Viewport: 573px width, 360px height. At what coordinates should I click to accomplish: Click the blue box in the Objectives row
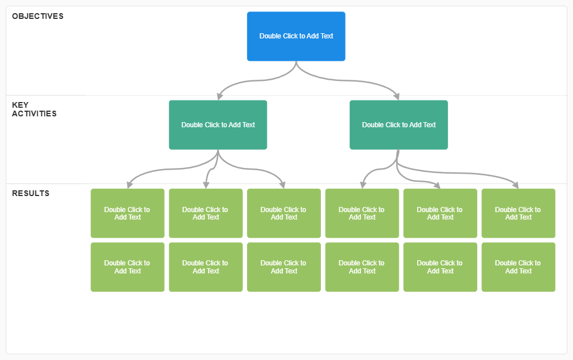pos(296,36)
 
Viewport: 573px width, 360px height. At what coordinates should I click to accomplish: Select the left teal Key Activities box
pos(218,125)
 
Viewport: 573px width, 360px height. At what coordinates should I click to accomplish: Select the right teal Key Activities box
pos(398,125)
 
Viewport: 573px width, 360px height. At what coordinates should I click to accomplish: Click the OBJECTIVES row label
pos(38,16)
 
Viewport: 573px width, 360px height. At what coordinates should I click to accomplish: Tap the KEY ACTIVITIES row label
pos(34,109)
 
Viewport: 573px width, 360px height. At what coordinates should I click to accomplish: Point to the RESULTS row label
pos(31,193)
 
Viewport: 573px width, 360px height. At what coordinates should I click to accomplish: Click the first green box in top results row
pos(127,213)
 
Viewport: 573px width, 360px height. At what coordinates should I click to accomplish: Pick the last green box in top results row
pos(518,213)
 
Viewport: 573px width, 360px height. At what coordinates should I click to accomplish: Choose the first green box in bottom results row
pos(127,267)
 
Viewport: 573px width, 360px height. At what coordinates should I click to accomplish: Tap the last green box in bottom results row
pos(518,267)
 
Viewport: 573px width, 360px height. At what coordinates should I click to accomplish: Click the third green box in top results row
pos(284,213)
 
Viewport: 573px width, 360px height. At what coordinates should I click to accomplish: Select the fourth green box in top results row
pos(362,213)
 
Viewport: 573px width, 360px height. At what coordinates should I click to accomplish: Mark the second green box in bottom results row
pos(205,267)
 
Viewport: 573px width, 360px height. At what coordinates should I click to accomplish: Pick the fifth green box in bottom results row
pos(439,267)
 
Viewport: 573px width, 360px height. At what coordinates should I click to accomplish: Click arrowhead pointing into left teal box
pos(220,97)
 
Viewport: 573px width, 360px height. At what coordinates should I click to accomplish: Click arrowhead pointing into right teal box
pos(397,96)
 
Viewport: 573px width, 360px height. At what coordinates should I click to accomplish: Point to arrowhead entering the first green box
pos(130,185)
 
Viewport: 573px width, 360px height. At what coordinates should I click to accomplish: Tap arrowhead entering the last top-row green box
pos(516,185)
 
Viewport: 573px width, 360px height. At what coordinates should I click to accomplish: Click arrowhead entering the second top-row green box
pos(206,185)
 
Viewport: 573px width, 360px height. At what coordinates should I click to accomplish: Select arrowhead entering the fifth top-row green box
pos(437,185)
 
